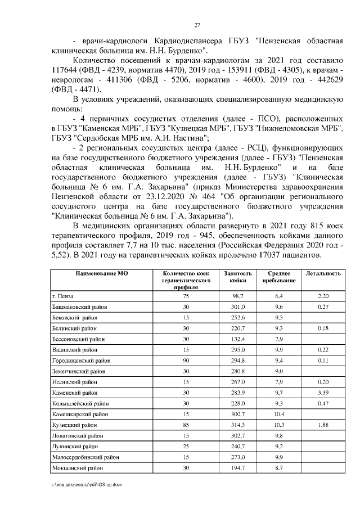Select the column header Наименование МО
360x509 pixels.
[x=93, y=273]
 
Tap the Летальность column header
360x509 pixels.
[x=323, y=273]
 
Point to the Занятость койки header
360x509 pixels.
[x=238, y=276]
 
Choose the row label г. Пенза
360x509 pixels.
[x=63, y=296]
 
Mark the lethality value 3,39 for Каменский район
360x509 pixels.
[x=323, y=392]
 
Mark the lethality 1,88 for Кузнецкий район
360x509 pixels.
[x=323, y=425]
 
